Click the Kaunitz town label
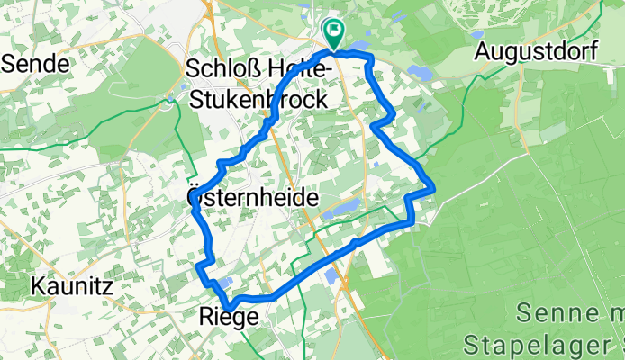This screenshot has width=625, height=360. (71, 288)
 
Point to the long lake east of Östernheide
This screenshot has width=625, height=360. (337, 210)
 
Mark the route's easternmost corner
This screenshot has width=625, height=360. (434, 187)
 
